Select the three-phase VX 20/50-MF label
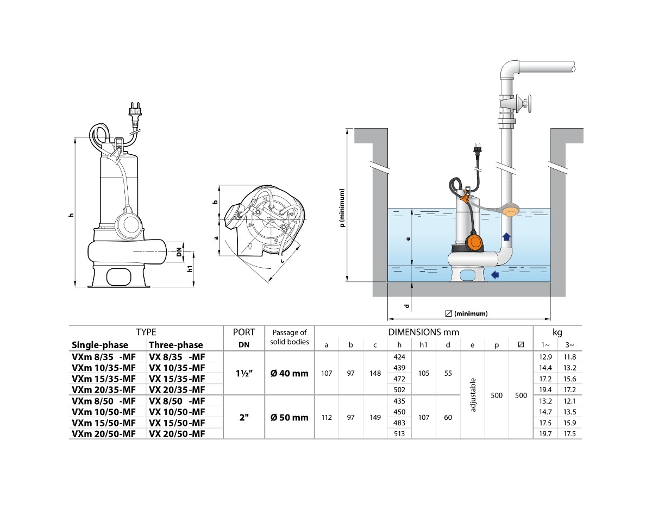click(x=177, y=434)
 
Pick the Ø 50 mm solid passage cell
click(x=289, y=417)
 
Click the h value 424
click(x=399, y=357)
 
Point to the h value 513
click(x=399, y=434)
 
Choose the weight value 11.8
click(x=570, y=357)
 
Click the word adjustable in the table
click(x=473, y=395)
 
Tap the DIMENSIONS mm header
click(x=423, y=332)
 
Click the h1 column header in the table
click(x=424, y=345)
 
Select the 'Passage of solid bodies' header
click(x=289, y=337)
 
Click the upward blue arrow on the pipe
click(x=506, y=236)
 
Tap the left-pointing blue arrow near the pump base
click(x=495, y=275)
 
